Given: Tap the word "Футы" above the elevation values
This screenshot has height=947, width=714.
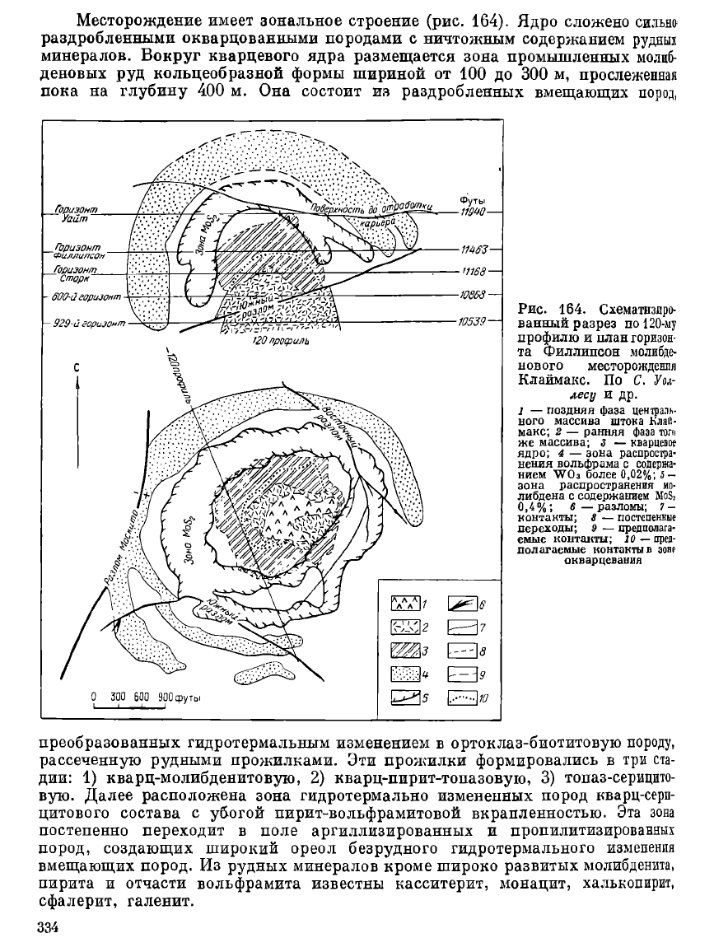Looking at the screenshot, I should coord(471,200).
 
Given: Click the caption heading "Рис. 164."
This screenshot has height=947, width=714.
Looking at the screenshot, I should coord(549,309).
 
